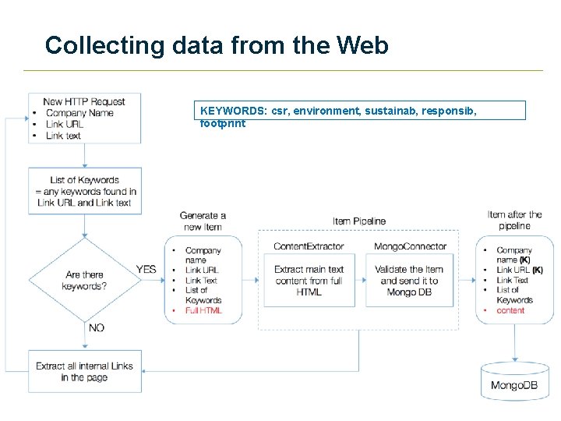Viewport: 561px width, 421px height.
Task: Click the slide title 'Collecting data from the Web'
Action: click(x=217, y=45)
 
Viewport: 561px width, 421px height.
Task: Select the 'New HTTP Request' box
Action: click(x=84, y=119)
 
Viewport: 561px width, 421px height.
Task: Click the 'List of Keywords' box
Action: click(x=84, y=191)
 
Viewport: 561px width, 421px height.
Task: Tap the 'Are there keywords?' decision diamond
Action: click(x=84, y=280)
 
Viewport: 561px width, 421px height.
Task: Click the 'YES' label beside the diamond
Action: click(x=146, y=269)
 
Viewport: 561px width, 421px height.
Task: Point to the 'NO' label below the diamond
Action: click(x=96, y=327)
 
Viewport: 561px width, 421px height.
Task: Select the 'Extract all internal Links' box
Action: click(x=84, y=371)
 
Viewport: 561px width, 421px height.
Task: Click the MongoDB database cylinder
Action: click(x=513, y=381)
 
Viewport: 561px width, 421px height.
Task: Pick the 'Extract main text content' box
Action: click(x=309, y=281)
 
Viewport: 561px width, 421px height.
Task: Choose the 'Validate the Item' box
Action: click(x=410, y=281)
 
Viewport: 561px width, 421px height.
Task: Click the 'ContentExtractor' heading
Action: click(x=309, y=246)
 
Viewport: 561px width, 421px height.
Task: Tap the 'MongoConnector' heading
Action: click(x=410, y=246)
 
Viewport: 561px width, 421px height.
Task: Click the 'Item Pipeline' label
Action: click(x=358, y=221)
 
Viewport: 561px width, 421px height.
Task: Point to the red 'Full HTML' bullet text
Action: click(x=203, y=310)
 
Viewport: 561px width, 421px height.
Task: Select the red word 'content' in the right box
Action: click(x=510, y=310)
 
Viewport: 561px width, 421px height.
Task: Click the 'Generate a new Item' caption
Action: click(x=203, y=221)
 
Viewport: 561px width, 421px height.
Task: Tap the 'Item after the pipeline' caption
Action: click(x=514, y=220)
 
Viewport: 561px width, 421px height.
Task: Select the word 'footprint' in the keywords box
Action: click(x=222, y=123)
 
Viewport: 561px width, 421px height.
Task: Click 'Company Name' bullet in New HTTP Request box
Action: click(x=79, y=113)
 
